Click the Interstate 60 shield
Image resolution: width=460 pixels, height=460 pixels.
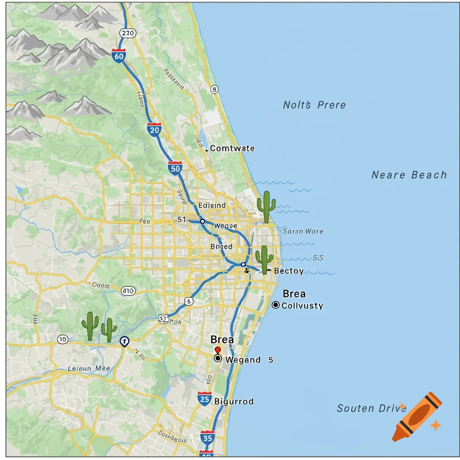coord(119,56)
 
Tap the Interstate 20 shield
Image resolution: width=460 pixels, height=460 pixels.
coord(154,130)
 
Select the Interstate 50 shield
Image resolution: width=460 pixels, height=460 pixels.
coord(175,168)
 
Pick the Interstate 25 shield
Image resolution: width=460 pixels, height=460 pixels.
coord(204,398)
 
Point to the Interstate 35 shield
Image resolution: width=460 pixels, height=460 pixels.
coord(207,437)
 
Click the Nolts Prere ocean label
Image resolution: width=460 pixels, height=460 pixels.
coord(314,105)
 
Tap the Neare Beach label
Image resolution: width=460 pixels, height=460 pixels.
coord(409,175)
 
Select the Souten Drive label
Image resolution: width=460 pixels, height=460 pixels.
coord(368,408)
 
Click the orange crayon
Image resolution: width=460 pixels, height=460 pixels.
coord(416,416)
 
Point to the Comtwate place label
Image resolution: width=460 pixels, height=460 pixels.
coord(232,148)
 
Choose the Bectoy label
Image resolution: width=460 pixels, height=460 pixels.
coord(288,271)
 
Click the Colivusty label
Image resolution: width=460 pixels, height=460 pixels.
coord(302,305)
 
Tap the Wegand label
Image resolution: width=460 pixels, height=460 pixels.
coord(243,360)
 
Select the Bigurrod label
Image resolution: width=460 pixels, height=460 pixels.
coord(234,401)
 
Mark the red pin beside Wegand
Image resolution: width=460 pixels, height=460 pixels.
coord(218,350)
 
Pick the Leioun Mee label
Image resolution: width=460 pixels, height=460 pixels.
coord(89,368)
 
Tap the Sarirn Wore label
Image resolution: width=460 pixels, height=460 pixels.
coord(303,231)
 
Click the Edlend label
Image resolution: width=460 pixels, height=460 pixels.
coord(212,205)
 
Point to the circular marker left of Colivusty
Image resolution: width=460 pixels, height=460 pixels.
coord(276,305)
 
